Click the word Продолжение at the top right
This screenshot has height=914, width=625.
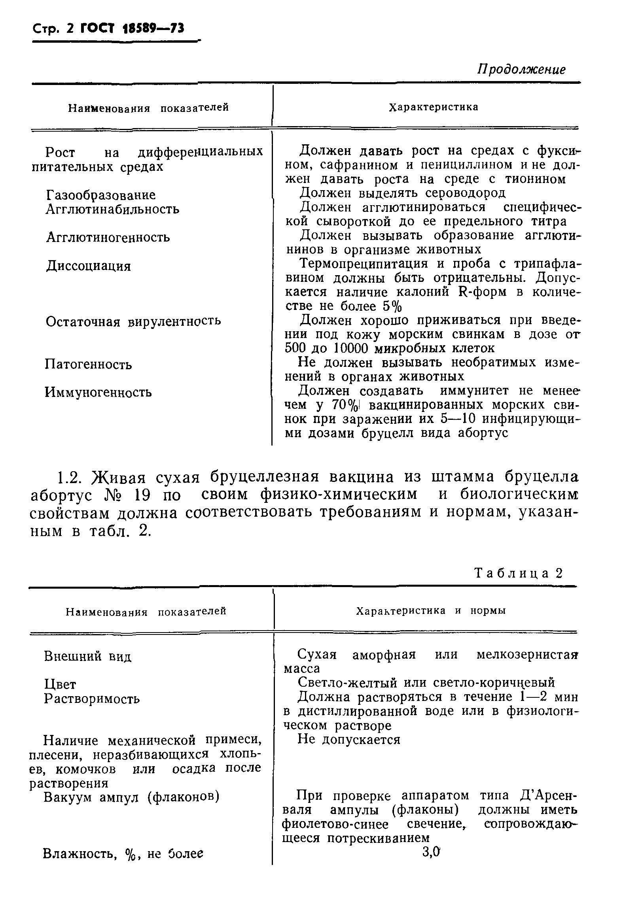[521, 69]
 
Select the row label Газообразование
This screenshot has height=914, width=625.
[100, 195]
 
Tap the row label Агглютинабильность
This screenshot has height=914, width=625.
[112, 209]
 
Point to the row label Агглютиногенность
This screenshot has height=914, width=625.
[108, 237]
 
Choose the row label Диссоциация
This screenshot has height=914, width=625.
[88, 266]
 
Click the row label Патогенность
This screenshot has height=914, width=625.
[88, 364]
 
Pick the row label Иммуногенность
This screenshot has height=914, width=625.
[98, 392]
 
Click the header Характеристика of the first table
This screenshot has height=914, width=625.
[434, 107]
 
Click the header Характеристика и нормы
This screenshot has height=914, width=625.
[431, 611]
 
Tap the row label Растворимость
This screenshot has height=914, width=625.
[92, 698]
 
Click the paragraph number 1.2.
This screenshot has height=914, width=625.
[71, 478]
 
